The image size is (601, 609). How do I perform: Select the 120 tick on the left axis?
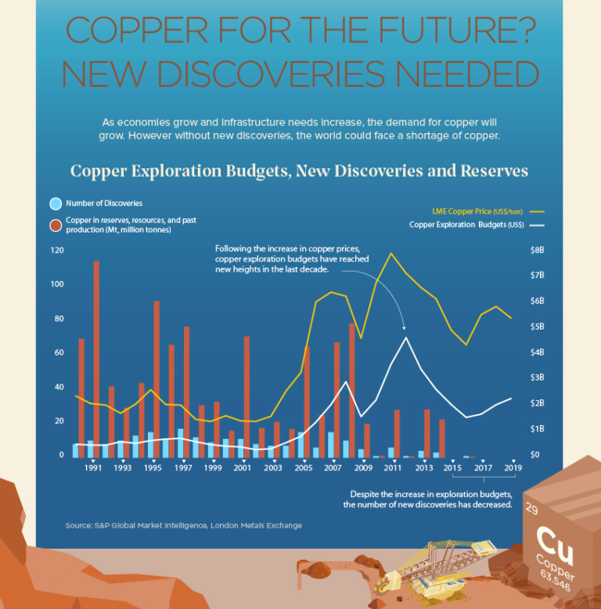pyautogui.click(x=56, y=250)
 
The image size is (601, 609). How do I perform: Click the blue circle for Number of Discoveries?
pyautogui.click(x=56, y=204)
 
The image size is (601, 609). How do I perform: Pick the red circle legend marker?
pyautogui.click(x=56, y=225)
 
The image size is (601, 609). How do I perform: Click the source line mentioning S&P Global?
pyautogui.click(x=184, y=525)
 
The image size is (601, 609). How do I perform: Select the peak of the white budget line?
pyautogui.click(x=406, y=337)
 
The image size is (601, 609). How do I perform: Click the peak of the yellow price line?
pyautogui.click(x=390, y=253)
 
